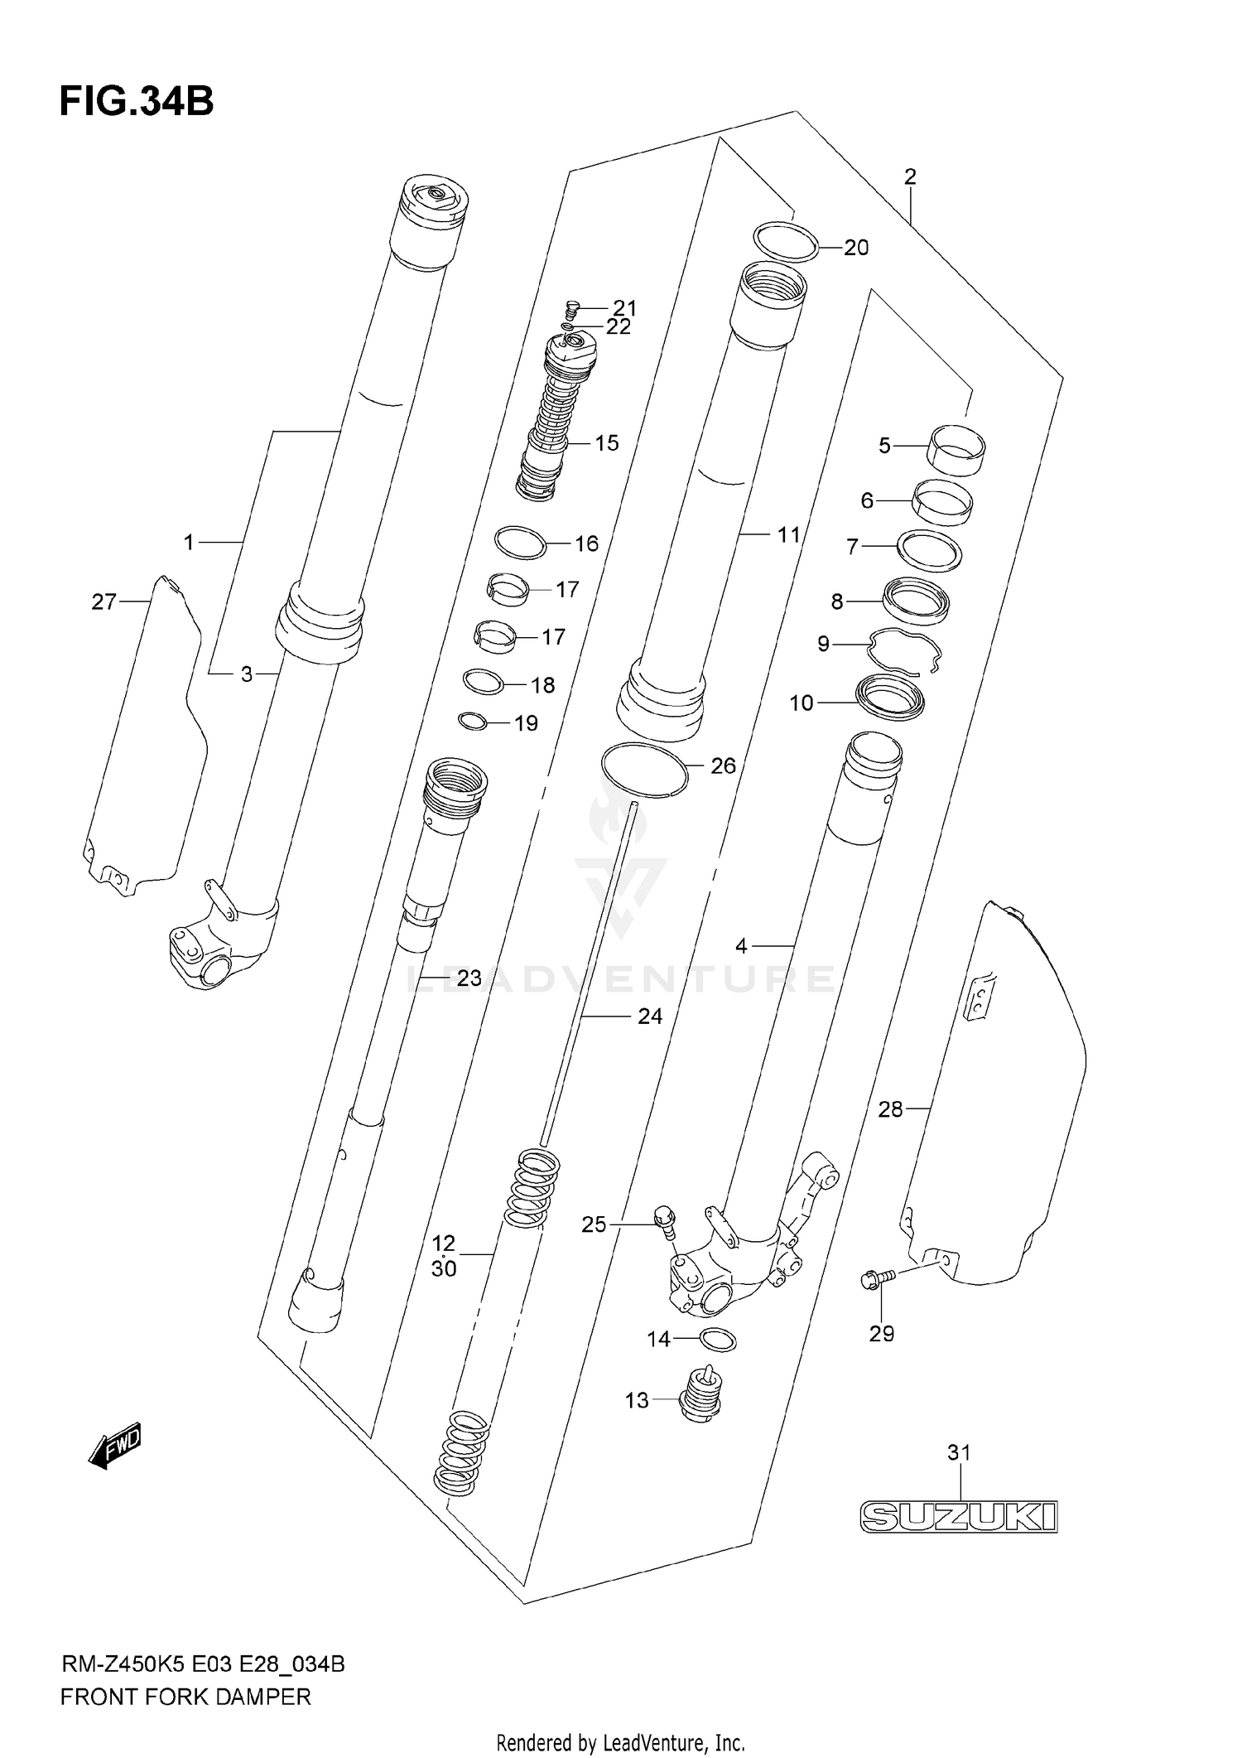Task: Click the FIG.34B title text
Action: [x=137, y=102]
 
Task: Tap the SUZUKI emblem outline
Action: [x=959, y=1517]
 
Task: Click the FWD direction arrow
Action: [x=115, y=1446]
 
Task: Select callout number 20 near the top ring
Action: [x=856, y=248]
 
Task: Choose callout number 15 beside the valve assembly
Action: [x=607, y=443]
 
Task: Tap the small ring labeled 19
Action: [x=472, y=722]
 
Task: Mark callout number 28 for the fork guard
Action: [x=890, y=1109]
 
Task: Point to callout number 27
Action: [x=103, y=601]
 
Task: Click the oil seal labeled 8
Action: [x=916, y=600]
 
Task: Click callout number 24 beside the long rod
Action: [x=650, y=1016]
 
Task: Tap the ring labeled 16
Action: [x=521, y=543]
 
